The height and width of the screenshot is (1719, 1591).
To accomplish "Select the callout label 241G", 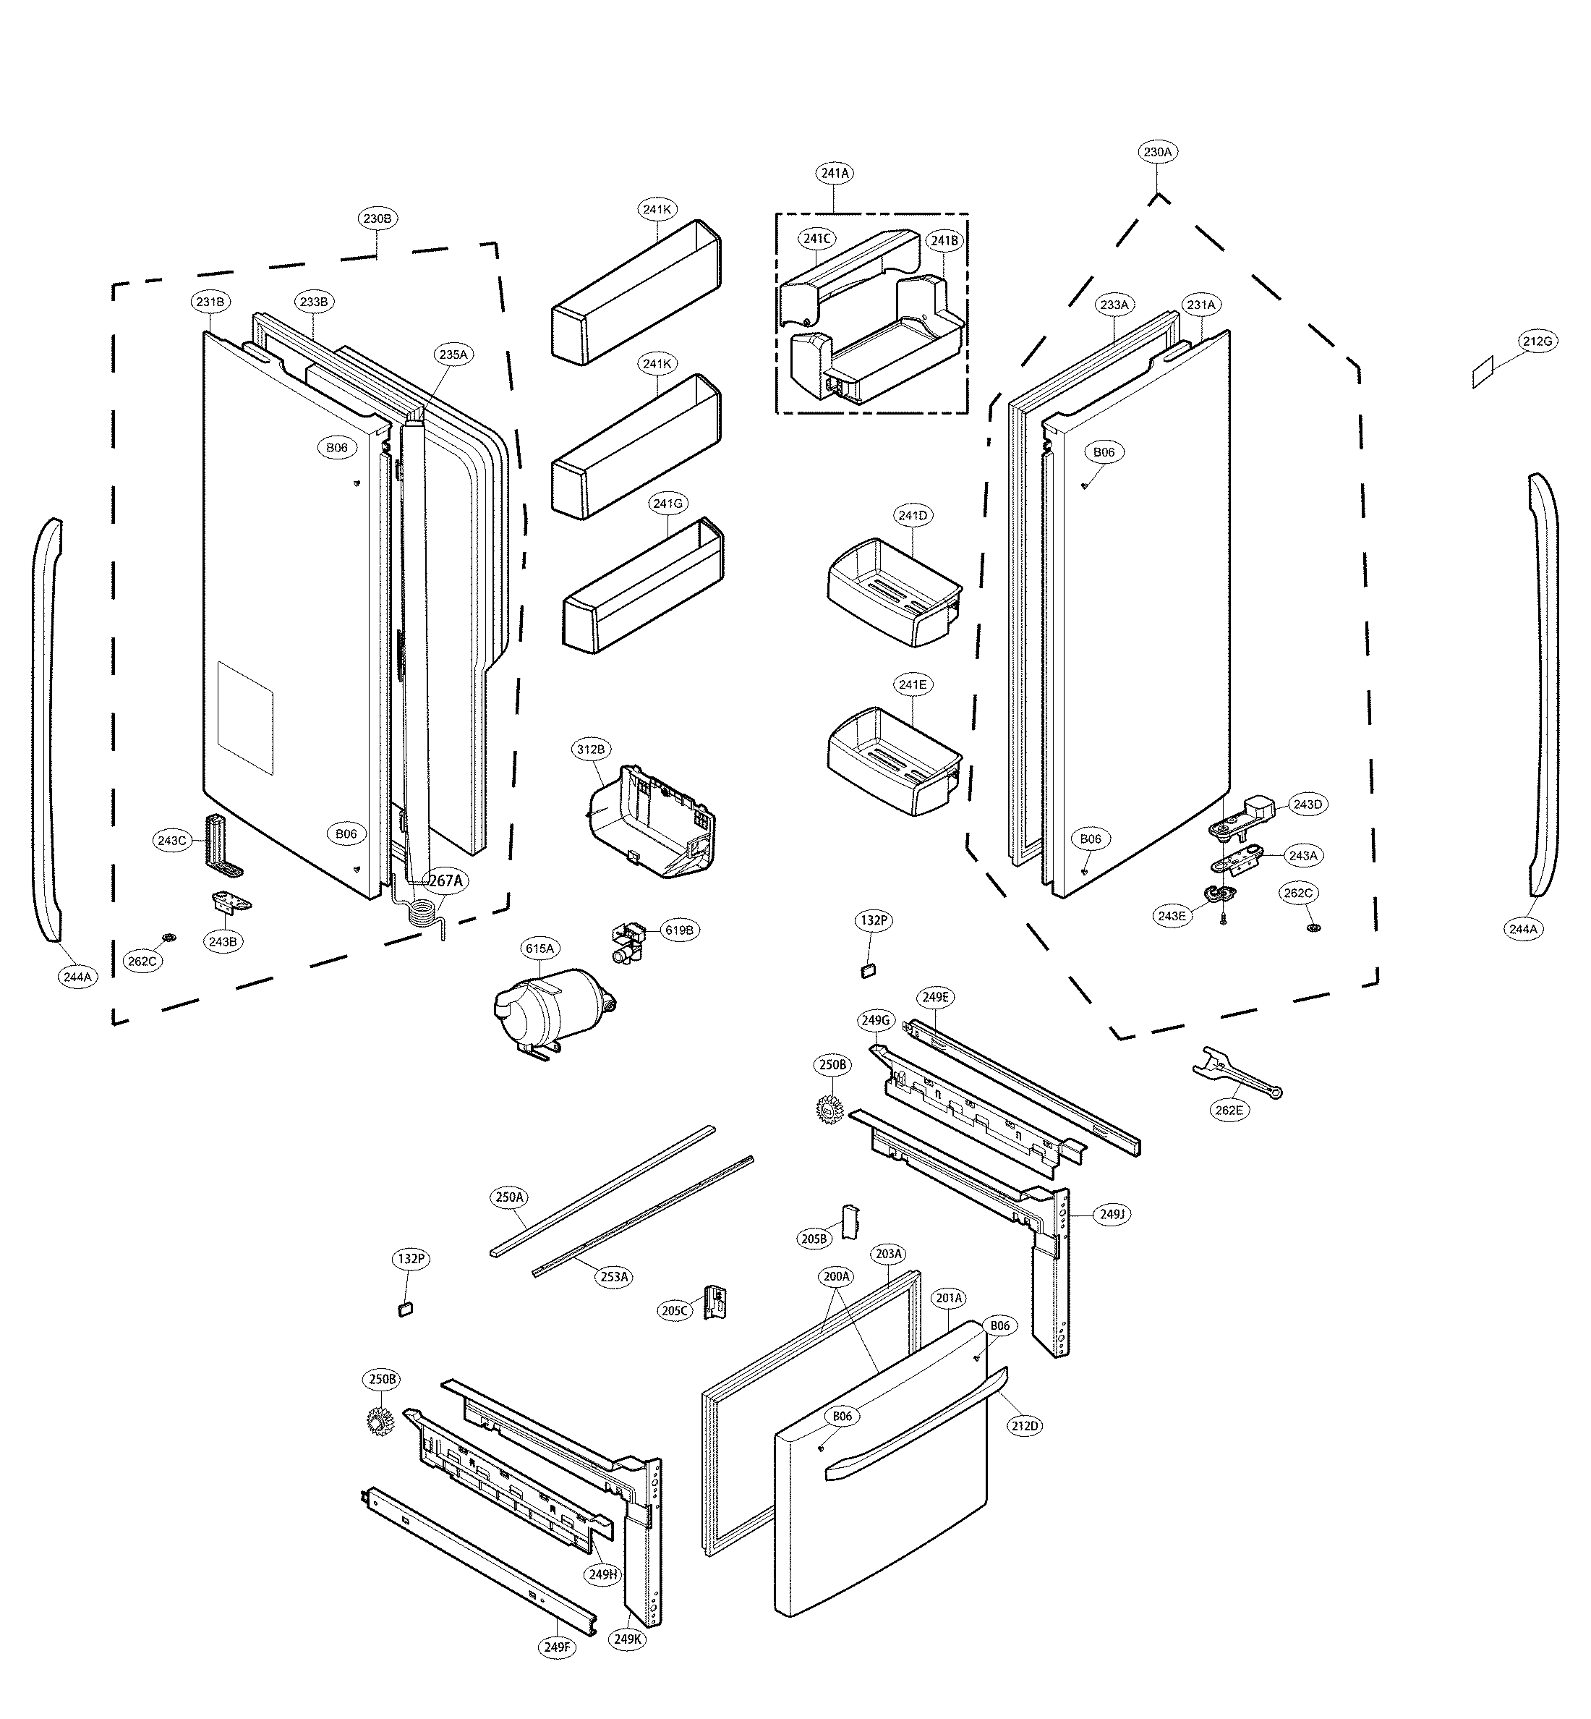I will tap(668, 504).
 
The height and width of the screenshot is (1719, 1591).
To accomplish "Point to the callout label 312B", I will tap(591, 750).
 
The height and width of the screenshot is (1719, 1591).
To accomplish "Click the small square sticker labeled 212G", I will tap(1483, 374).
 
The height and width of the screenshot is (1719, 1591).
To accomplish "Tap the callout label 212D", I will tap(1025, 1426).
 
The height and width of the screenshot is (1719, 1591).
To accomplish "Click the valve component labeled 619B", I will tap(629, 942).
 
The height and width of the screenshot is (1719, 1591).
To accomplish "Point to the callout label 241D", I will tap(913, 516).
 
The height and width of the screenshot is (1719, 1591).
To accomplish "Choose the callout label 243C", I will tap(171, 841).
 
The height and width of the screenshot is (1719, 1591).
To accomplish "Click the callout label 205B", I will tap(814, 1239).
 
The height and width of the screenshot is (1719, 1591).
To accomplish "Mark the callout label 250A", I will tap(510, 1197).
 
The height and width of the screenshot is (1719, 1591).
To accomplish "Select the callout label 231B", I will tap(210, 302).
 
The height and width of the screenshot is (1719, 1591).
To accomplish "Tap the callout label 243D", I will tap(1307, 805).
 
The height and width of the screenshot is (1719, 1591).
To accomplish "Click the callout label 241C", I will tap(816, 239).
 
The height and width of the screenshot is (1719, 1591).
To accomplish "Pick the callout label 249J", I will tap(1112, 1214).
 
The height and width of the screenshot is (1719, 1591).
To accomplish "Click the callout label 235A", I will tap(453, 355).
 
